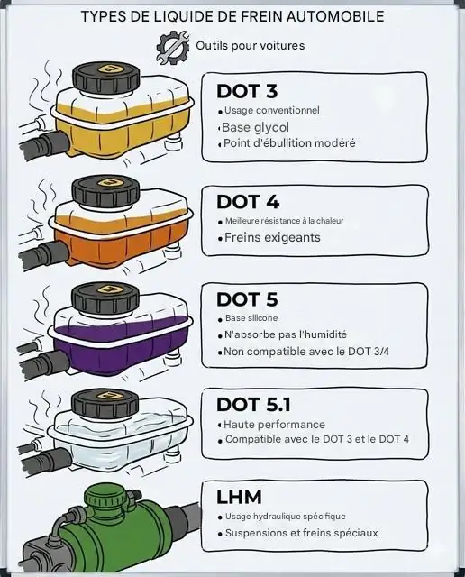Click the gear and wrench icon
coord(172,46)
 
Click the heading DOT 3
coord(246,91)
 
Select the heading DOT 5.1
coord(253,404)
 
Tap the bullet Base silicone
coord(251,318)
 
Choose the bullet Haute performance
coord(275,425)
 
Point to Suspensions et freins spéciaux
coord(301,533)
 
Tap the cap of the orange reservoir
coord(105,190)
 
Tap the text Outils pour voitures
coord(250,45)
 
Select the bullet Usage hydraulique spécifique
coord(285,517)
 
